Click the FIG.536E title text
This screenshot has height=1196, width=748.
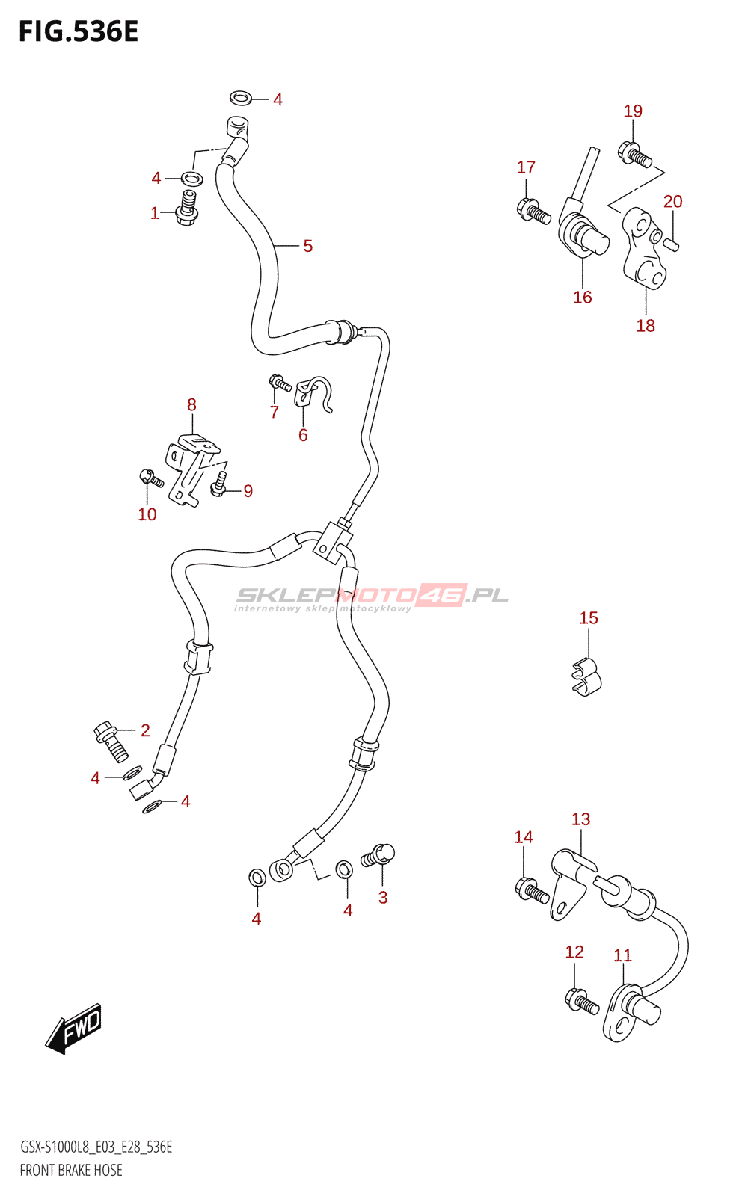tap(79, 32)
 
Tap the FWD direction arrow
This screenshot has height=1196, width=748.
tap(74, 1029)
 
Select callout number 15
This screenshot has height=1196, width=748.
tap(589, 618)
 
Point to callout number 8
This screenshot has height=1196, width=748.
tap(191, 405)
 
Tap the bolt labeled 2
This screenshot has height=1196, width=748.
tap(111, 740)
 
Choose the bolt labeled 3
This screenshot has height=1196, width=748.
tap(378, 855)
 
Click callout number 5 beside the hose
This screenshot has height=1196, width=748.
tap(307, 246)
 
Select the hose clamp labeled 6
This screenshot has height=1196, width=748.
tap(312, 393)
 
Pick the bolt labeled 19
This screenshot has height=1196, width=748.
tap(635, 154)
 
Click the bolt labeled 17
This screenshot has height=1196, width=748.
tap(533, 210)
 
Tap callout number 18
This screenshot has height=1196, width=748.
tap(646, 326)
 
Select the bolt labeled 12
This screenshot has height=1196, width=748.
tap(582, 1002)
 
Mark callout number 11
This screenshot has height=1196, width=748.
tap(622, 955)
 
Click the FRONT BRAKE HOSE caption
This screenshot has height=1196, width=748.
tap(71, 1170)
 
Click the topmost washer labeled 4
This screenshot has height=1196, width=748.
tap(240, 98)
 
